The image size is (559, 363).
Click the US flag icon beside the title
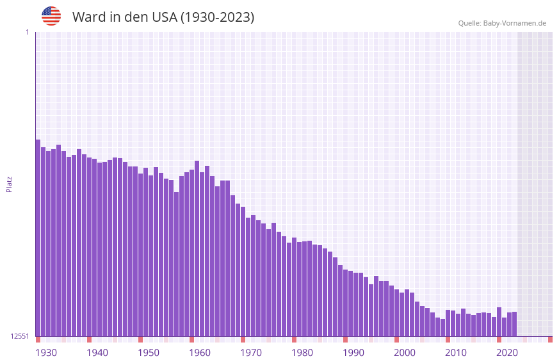[x=51, y=16]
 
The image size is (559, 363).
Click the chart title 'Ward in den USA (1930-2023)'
[x=163, y=17]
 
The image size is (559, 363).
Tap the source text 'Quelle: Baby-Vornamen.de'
[x=502, y=23]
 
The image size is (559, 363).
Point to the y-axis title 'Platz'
[x=9, y=184]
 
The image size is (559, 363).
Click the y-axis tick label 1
[x=27, y=32]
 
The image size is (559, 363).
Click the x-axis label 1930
[x=46, y=353]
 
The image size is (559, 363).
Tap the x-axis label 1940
[x=97, y=353]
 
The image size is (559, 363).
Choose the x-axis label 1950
[x=149, y=353]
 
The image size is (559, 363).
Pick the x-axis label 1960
[x=200, y=353]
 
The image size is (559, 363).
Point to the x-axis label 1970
[x=251, y=353]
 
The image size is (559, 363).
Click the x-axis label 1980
[x=302, y=353]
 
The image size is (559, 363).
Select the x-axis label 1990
[x=353, y=353]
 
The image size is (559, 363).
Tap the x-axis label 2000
[x=405, y=353]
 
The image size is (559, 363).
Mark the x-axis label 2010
[x=456, y=353]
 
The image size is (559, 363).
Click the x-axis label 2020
[x=507, y=353]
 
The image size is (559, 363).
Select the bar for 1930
[x=38, y=237]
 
